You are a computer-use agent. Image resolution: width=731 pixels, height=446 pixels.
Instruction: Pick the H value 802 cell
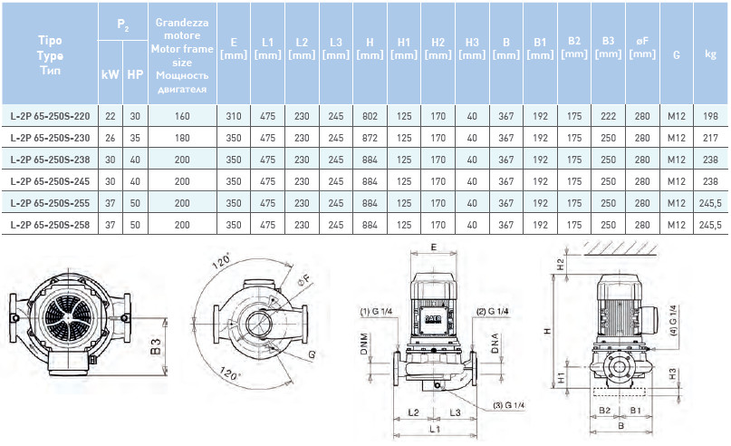[370, 117]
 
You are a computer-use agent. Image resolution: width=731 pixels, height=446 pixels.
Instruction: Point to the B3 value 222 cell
[607, 117]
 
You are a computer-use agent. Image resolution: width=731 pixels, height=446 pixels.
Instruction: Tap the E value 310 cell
[234, 117]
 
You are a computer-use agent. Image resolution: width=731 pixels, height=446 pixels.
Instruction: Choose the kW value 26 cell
[111, 138]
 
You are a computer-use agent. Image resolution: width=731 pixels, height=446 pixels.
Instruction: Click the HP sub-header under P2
[134, 73]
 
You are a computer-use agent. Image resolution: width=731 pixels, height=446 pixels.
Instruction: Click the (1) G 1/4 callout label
[377, 313]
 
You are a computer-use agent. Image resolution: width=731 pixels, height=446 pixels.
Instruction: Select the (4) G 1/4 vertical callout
[671, 322]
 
